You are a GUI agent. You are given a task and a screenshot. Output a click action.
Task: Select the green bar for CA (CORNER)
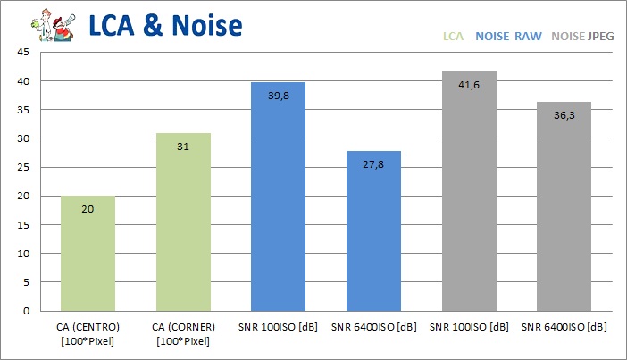[x=183, y=223]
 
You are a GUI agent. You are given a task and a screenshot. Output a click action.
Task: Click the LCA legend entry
[x=454, y=38]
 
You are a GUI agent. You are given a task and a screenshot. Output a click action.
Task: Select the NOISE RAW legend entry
[x=508, y=38]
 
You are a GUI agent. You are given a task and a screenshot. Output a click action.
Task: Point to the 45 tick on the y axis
[x=24, y=53]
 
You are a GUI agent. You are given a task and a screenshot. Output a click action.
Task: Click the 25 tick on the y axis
[x=24, y=167]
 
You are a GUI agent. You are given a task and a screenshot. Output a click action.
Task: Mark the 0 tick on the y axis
[x=27, y=311]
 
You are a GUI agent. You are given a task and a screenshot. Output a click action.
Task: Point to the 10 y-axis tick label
[x=24, y=254]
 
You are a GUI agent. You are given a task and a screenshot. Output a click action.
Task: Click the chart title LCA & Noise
[x=165, y=25]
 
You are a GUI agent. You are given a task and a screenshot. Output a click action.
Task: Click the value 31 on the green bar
[x=183, y=147]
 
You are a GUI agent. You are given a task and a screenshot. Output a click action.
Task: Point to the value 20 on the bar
[x=88, y=209]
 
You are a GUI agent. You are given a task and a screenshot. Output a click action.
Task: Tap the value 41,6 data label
[x=469, y=83]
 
